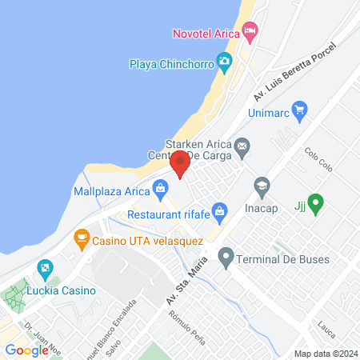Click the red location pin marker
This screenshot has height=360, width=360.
coord(180,163)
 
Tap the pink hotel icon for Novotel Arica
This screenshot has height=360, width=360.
coord(250,33)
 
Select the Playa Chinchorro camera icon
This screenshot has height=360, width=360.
coord(225,61)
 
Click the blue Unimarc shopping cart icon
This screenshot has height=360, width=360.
coord(299,109)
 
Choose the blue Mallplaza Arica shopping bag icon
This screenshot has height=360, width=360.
coord(161,190)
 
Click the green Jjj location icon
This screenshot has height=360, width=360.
coord(315,205)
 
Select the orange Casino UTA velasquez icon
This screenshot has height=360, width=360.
coord(80,238)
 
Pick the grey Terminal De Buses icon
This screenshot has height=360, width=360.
coord(226,257)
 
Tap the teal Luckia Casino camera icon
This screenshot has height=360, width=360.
coord(46,268)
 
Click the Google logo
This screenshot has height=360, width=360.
coord(26,350)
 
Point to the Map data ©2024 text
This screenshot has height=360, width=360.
coord(325,354)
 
